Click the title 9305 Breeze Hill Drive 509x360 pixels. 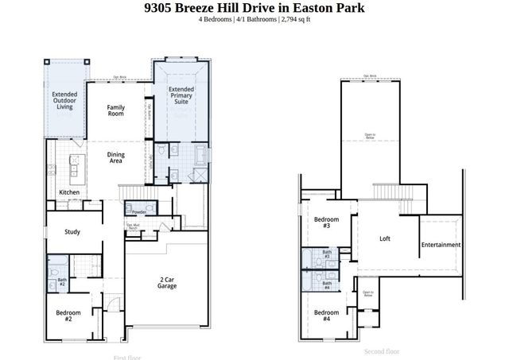pos(254,8)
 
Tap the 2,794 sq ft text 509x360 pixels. pos(292,19)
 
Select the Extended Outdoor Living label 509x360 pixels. pos(64,101)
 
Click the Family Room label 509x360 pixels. pos(116,110)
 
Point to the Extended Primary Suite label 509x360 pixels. pos(181,95)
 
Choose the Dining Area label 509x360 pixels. pos(116,158)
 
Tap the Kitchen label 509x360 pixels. pos(69,193)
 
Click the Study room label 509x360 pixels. pos(73,232)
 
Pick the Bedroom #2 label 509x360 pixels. pos(68,315)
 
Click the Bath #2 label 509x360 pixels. pos(62,282)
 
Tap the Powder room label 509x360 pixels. pos(139,212)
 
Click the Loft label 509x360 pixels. pos(385,238)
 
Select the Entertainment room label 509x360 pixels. pos(441,245)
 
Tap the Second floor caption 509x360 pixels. pos(382,351)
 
